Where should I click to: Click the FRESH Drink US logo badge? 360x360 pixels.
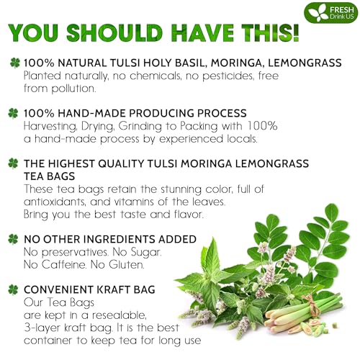327,13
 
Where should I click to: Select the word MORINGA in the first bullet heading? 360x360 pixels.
226,63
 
